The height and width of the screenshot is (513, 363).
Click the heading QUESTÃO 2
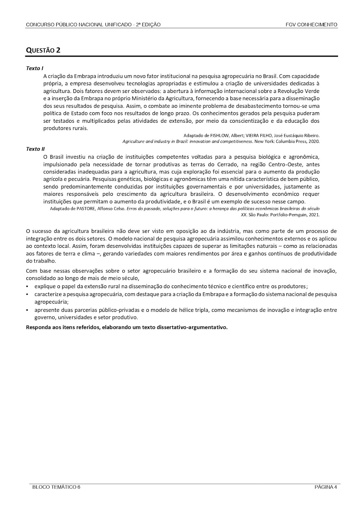point(43,50)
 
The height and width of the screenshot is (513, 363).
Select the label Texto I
point(35,68)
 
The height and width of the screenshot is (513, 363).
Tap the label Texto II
point(35,149)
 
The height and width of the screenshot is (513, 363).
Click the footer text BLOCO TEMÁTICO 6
point(56,487)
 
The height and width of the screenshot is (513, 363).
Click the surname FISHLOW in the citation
point(218,135)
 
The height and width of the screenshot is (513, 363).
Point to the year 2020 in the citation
point(314,141)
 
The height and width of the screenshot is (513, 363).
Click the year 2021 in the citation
point(314,215)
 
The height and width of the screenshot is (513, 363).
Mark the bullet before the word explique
point(28,286)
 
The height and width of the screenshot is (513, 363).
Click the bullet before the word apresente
point(28,310)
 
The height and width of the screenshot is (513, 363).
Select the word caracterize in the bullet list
point(47,294)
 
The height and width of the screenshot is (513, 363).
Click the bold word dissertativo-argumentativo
point(193,327)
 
